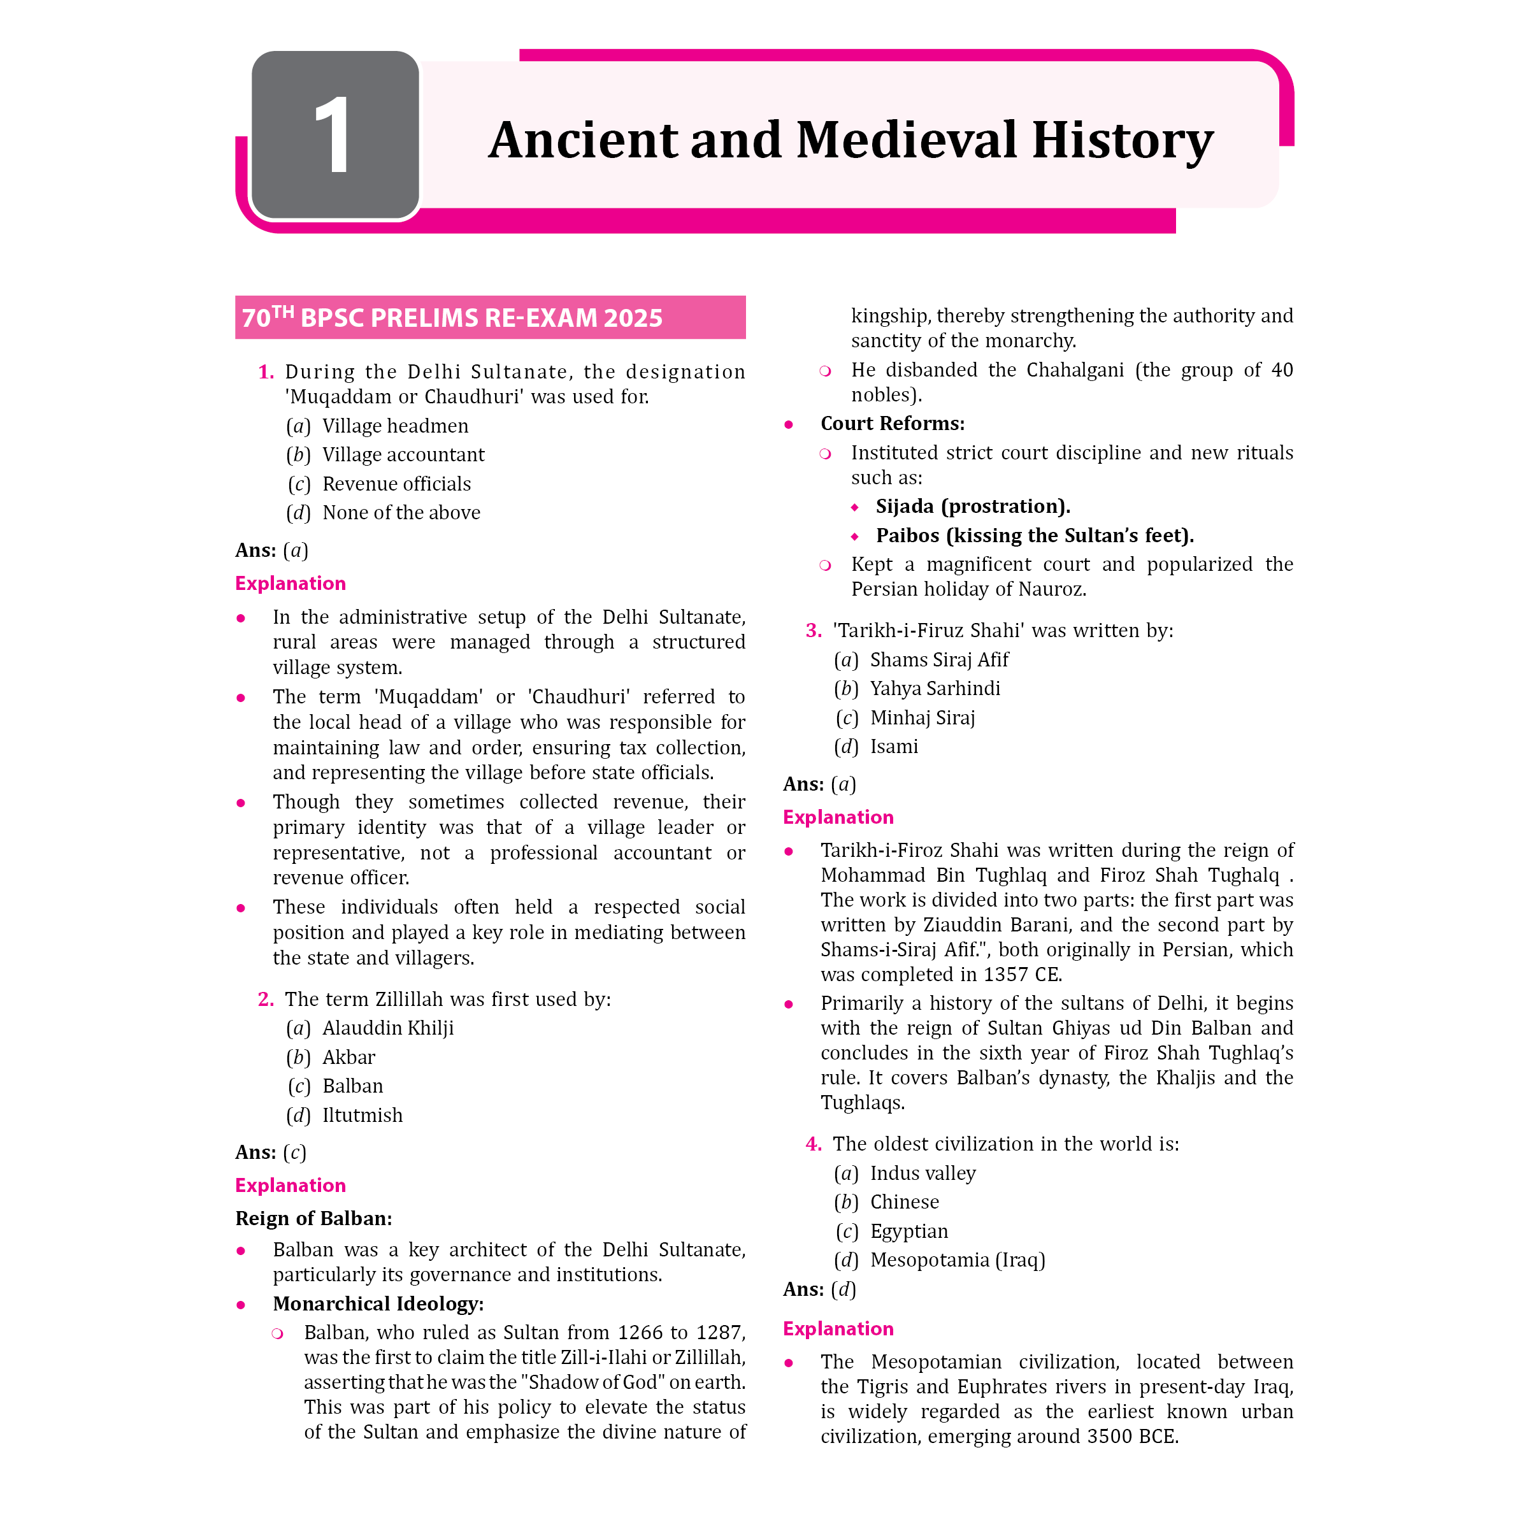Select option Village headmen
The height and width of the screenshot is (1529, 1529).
[395, 426]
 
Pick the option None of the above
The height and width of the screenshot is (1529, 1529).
[401, 513]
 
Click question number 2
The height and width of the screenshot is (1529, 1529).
[266, 999]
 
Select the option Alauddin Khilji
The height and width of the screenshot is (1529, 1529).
[388, 1028]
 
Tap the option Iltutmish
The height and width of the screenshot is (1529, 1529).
[362, 1115]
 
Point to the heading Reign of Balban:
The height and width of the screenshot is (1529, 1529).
[313, 1218]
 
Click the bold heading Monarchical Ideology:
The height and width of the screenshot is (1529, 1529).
[378, 1303]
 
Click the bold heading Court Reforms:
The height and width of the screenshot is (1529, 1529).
[892, 424]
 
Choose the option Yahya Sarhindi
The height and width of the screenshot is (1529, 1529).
[935, 689]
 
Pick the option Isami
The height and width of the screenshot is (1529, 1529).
[893, 746]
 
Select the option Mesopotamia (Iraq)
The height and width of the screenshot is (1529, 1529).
[957, 1260]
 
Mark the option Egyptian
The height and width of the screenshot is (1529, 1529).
[908, 1231]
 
